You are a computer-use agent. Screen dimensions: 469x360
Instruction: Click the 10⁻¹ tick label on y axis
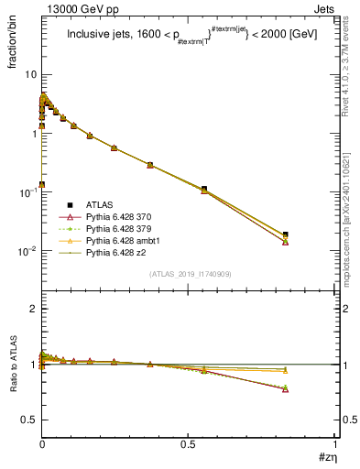pyautogui.click(x=27, y=192)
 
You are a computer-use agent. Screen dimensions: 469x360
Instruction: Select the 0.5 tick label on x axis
pyautogui.click(x=188, y=446)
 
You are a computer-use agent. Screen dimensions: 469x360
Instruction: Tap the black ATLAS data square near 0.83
pyautogui.click(x=286, y=235)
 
